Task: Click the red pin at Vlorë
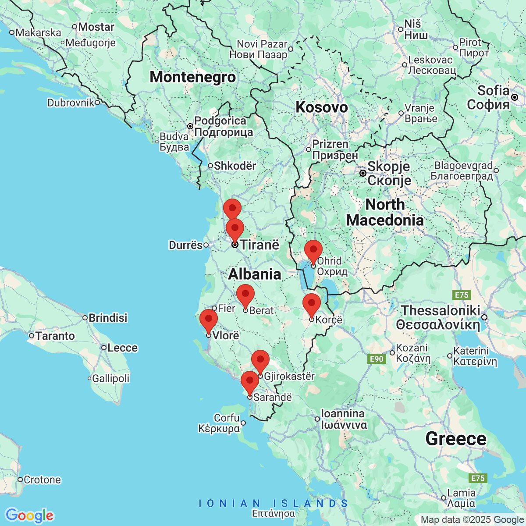tap(209, 320)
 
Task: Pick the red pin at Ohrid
tap(313, 251)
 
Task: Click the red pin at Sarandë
tap(250, 382)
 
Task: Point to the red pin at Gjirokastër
tap(260, 361)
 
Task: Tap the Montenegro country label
tap(193, 77)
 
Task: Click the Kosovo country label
tap(321, 107)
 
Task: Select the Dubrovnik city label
tap(71, 103)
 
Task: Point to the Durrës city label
tap(185, 245)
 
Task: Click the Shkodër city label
tap(235, 166)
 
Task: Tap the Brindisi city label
tap(108, 318)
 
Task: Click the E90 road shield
tap(377, 359)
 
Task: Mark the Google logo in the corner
tap(29, 515)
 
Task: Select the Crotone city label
tap(42, 480)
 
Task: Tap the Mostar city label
tap(96, 27)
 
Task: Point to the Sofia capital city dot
tap(515, 97)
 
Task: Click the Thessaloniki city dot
tap(484, 317)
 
